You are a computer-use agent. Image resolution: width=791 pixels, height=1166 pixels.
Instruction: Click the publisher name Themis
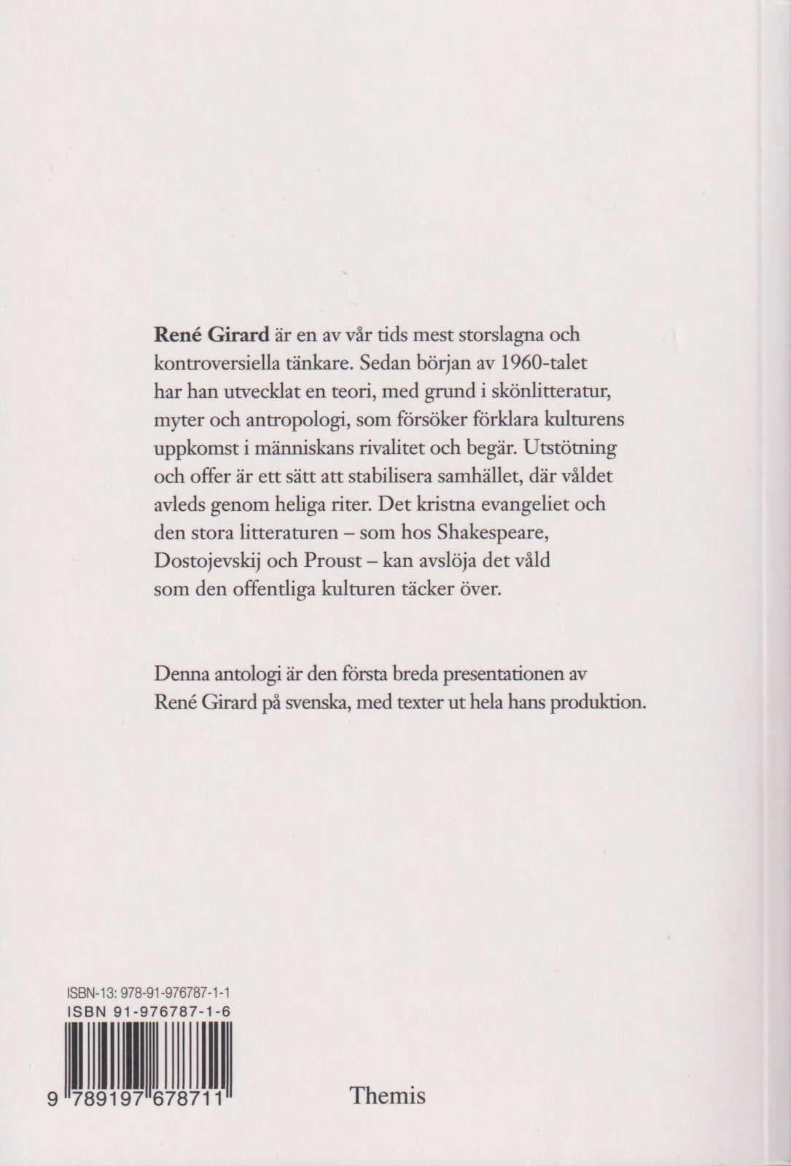(x=387, y=1095)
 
